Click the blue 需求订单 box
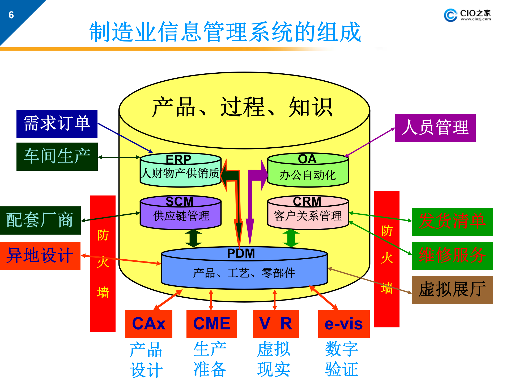57,124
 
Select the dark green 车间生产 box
57,157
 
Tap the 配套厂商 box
40,220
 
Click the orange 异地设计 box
40,256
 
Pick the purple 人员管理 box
435,128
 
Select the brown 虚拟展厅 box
452,290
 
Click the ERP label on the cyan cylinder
178,160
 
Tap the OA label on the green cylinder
307,159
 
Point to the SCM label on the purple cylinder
180,202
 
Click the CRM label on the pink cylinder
307,202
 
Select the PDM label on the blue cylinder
241,253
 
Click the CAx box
149,324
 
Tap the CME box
212,324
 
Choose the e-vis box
344,324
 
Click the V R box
276,324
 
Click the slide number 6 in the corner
11,15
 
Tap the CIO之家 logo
467,15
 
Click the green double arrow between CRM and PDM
291,238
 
